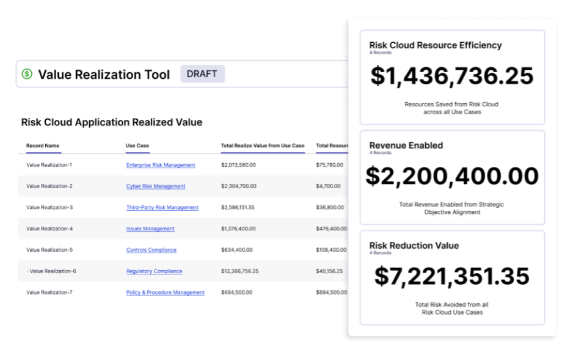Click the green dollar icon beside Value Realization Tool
[27, 74]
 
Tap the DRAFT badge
[202, 74]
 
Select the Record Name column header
[43, 145]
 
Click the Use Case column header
[137, 145]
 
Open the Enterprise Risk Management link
[161, 165]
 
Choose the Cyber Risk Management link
[156, 186]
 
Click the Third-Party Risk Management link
[162, 208]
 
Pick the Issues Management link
[150, 229]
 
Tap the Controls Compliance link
[151, 250]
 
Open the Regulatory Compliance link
[154, 271]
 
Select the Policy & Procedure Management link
[165, 293]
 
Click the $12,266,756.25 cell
[239, 271]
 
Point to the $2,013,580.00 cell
[238, 165]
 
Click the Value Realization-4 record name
[49, 229]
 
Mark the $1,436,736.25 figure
[452, 76]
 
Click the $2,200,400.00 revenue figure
[452, 176]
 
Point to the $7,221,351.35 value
[452, 276]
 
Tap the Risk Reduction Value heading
[414, 245]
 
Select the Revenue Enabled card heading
[406, 145]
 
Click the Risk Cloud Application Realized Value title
[112, 122]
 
